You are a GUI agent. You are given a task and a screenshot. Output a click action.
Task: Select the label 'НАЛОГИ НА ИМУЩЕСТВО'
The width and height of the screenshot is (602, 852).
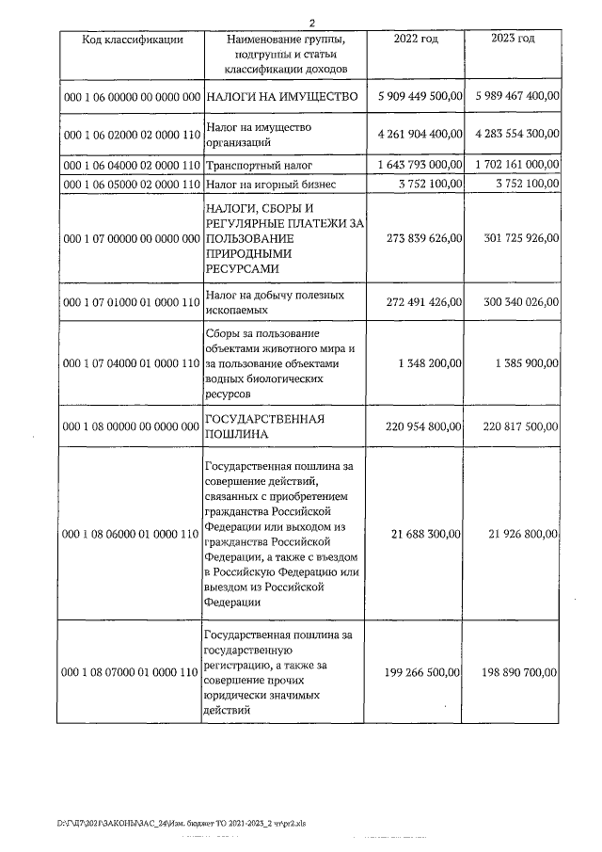pos(282,97)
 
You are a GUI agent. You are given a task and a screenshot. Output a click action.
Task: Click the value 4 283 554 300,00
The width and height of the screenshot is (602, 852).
pos(515,135)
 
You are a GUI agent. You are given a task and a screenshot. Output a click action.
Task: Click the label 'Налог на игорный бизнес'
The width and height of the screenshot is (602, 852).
pos(270,184)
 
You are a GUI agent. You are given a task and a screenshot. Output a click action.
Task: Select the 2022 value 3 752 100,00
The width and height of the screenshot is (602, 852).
pos(430,184)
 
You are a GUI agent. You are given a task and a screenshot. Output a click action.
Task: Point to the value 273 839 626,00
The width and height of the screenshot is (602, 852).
pos(424,238)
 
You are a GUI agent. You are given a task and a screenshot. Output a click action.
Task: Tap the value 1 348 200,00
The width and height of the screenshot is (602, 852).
pos(430,362)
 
